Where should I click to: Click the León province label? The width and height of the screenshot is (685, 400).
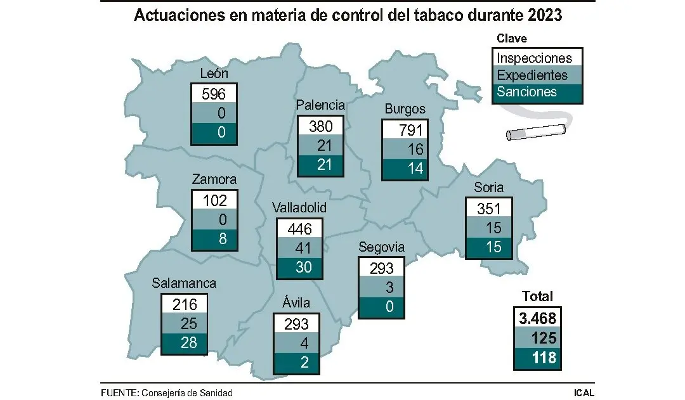pos(214,74)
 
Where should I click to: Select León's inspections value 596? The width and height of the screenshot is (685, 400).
pos(214,94)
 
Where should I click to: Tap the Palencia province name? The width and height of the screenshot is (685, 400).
pos(321,105)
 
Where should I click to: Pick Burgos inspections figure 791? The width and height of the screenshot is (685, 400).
pos(405,131)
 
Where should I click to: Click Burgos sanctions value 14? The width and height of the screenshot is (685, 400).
pos(405,169)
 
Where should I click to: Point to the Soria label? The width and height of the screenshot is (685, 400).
pos(488,187)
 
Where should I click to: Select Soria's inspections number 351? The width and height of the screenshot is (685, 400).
pos(488,208)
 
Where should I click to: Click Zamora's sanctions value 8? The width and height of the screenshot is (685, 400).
pos(214,239)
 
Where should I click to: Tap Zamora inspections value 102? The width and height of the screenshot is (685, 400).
pos(214,200)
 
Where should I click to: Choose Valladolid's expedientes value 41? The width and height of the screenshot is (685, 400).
pos(299,248)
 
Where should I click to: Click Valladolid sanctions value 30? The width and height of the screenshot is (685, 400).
pos(299,268)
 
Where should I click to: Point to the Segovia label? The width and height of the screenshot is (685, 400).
pos(381,247)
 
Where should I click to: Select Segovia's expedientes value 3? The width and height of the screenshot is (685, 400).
pos(381,287)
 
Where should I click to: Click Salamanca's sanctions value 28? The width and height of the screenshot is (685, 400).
pos(185,343)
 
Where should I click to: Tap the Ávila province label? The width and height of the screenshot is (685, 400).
pos(296,304)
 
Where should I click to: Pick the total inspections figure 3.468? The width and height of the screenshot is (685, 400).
pos(537,318)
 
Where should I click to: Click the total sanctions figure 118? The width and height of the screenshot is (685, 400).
pos(537,358)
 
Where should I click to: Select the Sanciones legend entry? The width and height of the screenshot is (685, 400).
pos(527,92)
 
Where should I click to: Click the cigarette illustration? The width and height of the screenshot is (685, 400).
pos(535,132)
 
